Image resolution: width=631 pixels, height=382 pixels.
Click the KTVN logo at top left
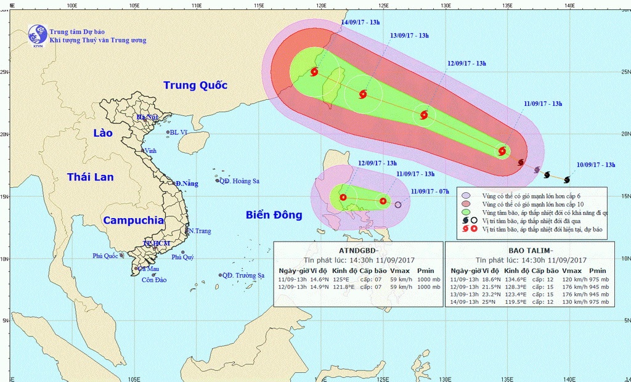tap(37, 35)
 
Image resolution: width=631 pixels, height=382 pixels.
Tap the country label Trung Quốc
tap(195, 86)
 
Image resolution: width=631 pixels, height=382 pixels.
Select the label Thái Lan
tap(90, 177)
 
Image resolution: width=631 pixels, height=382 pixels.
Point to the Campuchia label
tap(133, 220)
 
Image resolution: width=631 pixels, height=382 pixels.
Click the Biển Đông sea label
tap(274, 215)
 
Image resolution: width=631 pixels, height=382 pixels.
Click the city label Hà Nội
tap(148, 117)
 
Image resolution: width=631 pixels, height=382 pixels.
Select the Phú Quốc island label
tap(105, 256)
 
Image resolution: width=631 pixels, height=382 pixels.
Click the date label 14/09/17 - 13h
tap(360, 22)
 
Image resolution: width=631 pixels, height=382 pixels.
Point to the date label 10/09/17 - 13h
tap(596, 165)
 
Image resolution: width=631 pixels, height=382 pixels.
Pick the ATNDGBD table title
tap(358, 250)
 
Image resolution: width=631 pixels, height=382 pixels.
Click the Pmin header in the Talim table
tap(597, 270)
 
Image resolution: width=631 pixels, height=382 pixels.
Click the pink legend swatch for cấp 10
tap(467, 203)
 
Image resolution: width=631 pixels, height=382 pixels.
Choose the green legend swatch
tap(467, 212)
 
